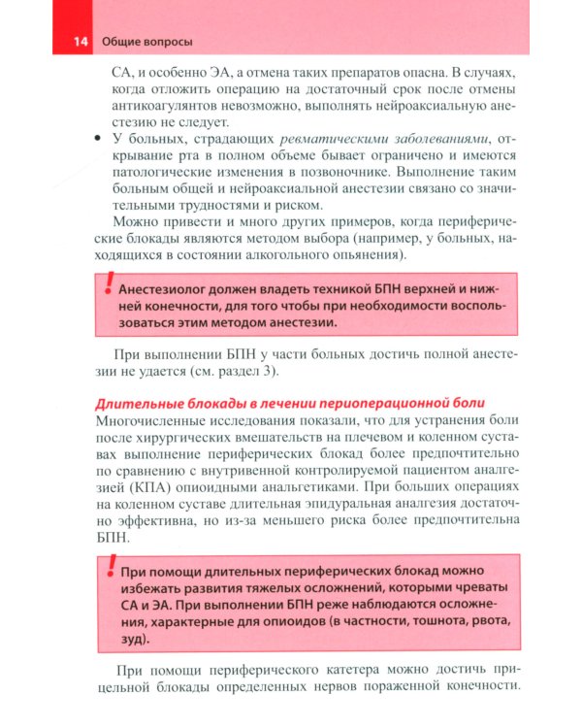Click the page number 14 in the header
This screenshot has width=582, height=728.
(79, 43)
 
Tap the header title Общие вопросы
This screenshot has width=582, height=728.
(146, 43)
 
